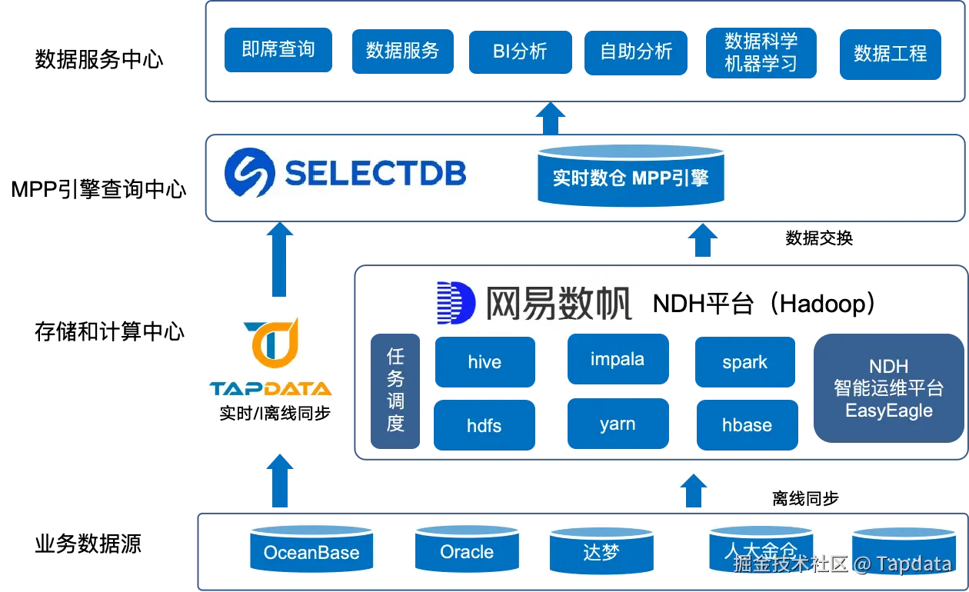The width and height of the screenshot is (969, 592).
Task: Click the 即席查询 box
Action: [x=277, y=50]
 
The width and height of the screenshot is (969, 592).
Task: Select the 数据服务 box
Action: [x=401, y=51]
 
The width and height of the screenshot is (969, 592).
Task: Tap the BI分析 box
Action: [x=520, y=52]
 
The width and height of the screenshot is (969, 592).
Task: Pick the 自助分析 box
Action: [x=636, y=52]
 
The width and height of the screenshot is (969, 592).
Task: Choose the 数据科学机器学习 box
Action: [x=761, y=52]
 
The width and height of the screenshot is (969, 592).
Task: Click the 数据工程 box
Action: [x=890, y=54]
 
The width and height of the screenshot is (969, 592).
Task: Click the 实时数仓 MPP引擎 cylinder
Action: [x=630, y=177]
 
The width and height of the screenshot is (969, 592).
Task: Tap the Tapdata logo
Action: [x=271, y=356]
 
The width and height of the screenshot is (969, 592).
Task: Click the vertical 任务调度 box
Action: [x=396, y=390]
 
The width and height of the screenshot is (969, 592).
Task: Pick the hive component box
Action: [x=484, y=362]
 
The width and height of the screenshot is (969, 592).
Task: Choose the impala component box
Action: [x=618, y=359]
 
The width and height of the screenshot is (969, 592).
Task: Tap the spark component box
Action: [x=744, y=362]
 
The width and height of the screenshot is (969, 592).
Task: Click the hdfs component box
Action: [x=484, y=425]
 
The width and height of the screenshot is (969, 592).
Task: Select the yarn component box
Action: [x=618, y=424]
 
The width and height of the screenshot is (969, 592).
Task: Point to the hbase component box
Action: [x=746, y=425]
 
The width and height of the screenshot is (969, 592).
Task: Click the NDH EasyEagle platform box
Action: [x=888, y=388]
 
